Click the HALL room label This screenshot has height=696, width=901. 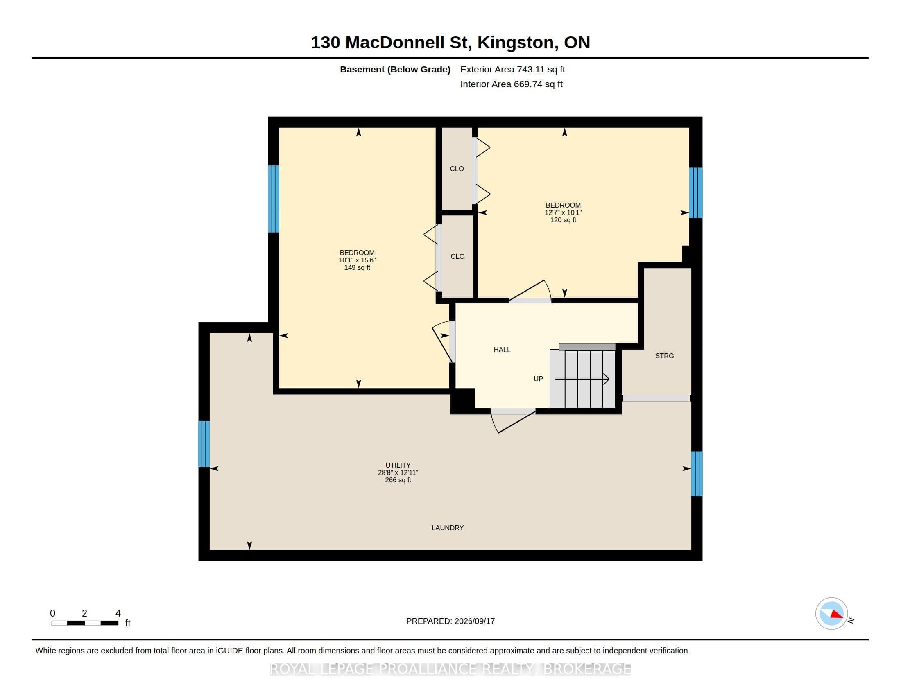502,350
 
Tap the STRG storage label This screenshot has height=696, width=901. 664,356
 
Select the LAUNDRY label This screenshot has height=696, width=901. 448,528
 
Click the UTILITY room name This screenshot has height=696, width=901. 398,465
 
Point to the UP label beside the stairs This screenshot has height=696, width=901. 539,379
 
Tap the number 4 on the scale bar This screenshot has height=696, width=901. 118,613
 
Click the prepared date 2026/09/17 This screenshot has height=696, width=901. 474,621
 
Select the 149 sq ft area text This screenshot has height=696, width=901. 357,268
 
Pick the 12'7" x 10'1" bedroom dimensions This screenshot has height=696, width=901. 563,213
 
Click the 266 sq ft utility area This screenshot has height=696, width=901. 398,480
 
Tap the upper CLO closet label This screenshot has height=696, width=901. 457,169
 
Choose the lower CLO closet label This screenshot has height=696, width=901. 457,256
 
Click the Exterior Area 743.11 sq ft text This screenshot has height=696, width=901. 512,70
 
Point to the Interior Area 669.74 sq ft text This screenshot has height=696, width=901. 512,84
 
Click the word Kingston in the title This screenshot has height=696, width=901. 516,43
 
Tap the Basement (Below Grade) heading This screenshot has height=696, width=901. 395,70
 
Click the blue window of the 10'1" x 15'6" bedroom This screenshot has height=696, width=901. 274,199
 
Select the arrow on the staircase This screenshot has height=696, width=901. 582,379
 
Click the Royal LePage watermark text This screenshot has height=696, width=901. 450,669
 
